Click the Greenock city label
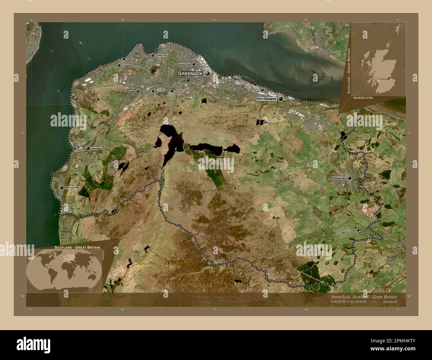[x=190, y=73]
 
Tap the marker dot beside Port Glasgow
[x=281, y=99]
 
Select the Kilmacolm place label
[x=339, y=178]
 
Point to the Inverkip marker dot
[x=88, y=148]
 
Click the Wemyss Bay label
[x=72, y=188]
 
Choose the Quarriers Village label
[x=347, y=230]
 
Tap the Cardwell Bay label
[x=161, y=55]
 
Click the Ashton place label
[x=130, y=59]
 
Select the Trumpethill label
[x=127, y=65]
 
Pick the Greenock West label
[x=184, y=64]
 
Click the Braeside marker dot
[x=138, y=91]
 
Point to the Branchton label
[x=160, y=91]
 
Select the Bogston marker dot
[x=262, y=90]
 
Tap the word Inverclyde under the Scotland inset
[x=363, y=98]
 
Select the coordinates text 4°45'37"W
[x=340, y=302]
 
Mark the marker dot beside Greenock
[x=207, y=73]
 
